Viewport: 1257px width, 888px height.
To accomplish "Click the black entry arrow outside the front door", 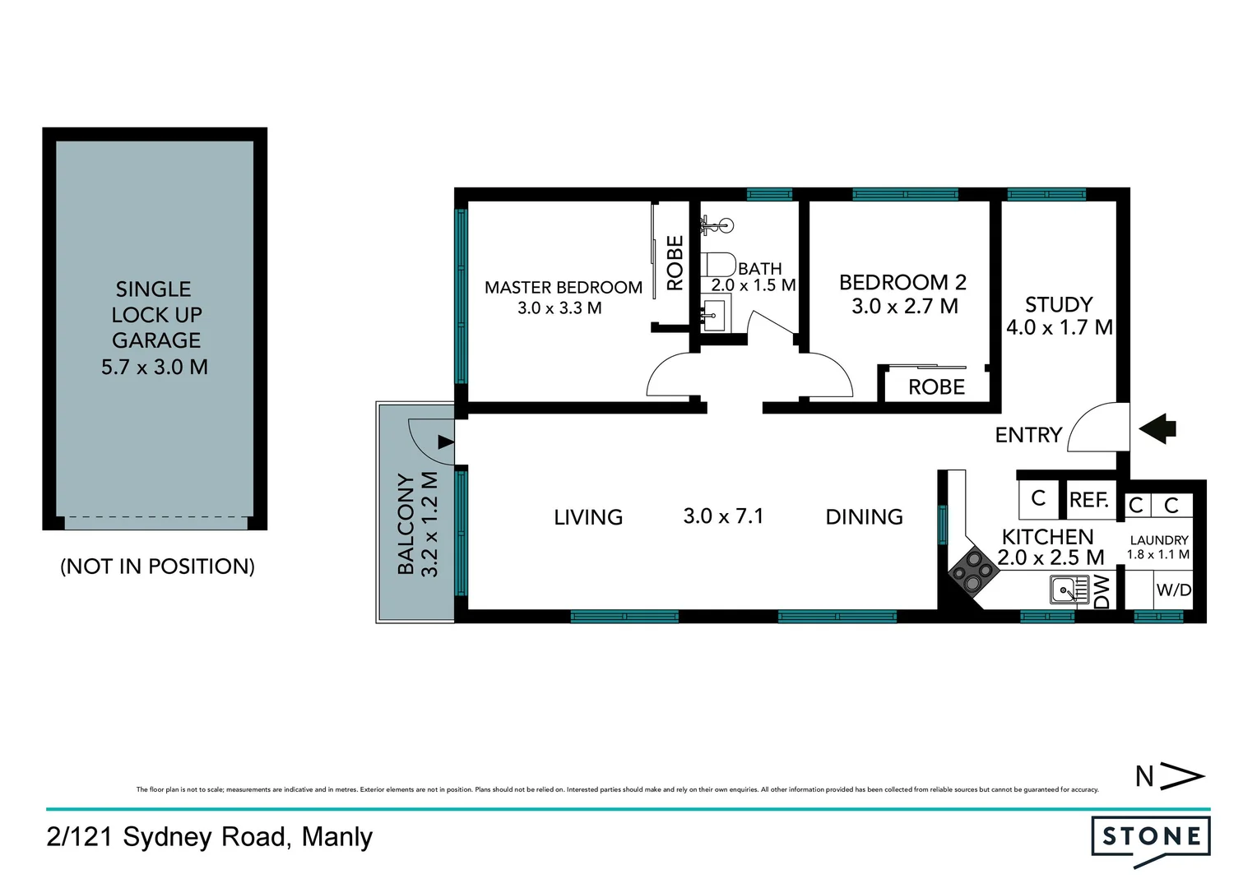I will tap(1157, 428).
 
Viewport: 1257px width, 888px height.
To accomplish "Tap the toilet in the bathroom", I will tap(721, 265).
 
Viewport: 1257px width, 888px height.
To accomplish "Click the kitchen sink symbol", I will tap(1069, 590).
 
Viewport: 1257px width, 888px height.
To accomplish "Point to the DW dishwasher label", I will tap(1102, 591).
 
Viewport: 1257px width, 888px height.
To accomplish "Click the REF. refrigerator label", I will tap(1089, 500).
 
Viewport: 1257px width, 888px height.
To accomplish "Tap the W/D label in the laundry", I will tap(1173, 590).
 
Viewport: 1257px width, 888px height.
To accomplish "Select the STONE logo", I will tap(1150, 838).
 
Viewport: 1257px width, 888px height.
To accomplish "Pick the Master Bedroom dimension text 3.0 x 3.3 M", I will tap(559, 308).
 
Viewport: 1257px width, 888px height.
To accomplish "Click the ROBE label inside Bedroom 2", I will tap(936, 387).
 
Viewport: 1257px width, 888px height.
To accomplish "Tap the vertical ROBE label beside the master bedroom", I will tap(675, 263).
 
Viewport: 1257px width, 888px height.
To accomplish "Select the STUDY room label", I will tap(1059, 304).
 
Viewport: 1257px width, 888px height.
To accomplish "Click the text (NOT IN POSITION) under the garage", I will tap(157, 567).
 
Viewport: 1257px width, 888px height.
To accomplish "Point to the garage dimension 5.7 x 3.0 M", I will tap(155, 367).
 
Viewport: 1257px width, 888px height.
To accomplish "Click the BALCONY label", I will tap(406, 524).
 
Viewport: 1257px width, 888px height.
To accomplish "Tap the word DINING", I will tap(864, 517).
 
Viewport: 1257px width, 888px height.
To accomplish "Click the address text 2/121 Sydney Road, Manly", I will tap(210, 837).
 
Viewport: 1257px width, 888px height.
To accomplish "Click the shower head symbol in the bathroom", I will tap(716, 224).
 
